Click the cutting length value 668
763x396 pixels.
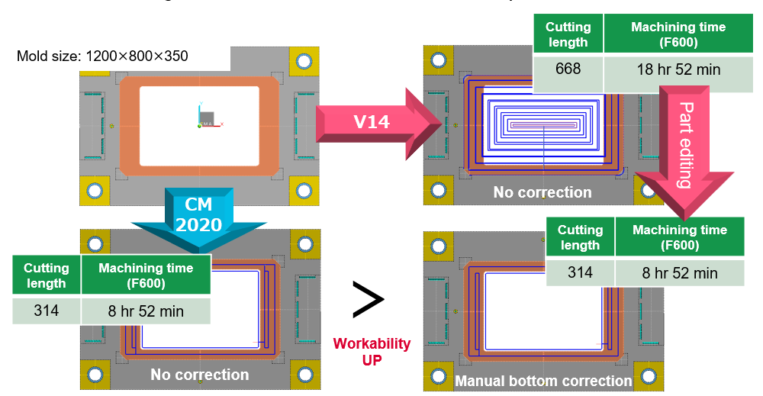click(x=568, y=69)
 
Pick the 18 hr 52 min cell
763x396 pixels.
click(x=678, y=69)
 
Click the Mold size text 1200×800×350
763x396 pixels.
click(x=102, y=56)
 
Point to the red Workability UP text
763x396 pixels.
click(x=372, y=352)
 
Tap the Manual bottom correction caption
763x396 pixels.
click(x=542, y=380)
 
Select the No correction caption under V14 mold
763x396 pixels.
click(x=542, y=192)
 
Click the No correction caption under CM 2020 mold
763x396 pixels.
click(x=199, y=375)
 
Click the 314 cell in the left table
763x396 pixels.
click(x=46, y=311)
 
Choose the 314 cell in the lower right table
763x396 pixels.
click(x=580, y=272)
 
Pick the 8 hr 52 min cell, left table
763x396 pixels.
click(x=145, y=311)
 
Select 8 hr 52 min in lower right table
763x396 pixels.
click(x=679, y=272)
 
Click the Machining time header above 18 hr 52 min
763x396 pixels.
click(x=678, y=34)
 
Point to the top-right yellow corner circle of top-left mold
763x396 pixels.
click(x=304, y=60)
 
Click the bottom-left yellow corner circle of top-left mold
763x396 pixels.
click(x=95, y=190)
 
